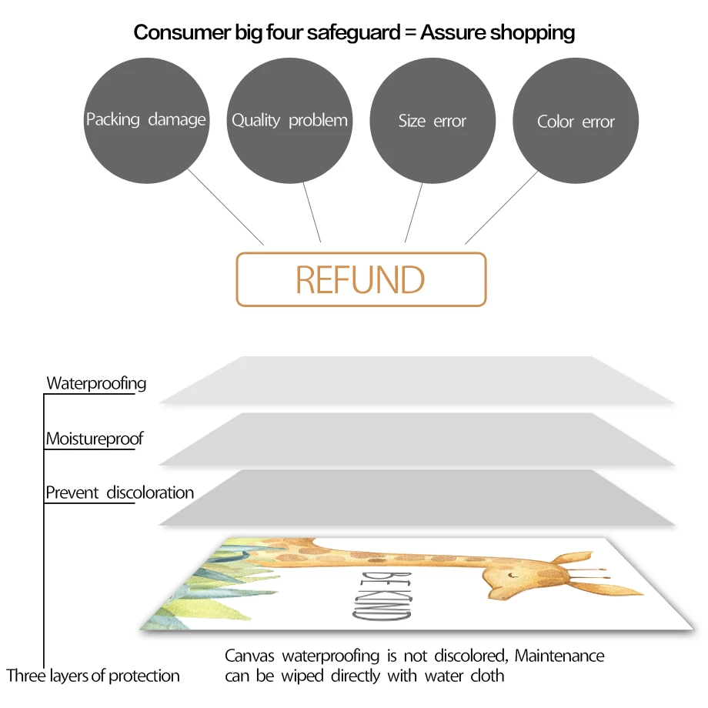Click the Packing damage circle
click(x=145, y=120)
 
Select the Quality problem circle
click(x=289, y=120)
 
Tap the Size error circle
click(x=432, y=121)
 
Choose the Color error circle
click(x=576, y=122)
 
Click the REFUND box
click(x=361, y=279)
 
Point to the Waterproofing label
click(x=96, y=382)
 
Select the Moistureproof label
click(x=94, y=439)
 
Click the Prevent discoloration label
click(x=119, y=493)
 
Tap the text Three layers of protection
click(x=93, y=676)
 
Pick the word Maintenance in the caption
click(x=559, y=656)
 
